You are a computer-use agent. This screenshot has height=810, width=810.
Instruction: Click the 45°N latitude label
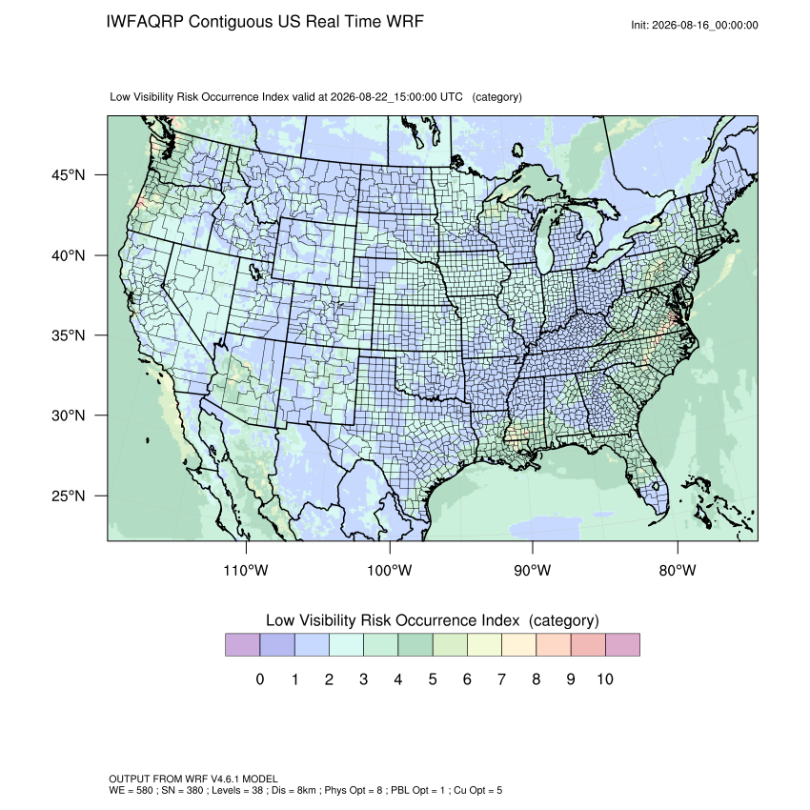click(x=68, y=175)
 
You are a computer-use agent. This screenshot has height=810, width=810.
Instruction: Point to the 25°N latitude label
click(x=68, y=496)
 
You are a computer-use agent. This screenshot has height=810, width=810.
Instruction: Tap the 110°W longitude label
click(x=246, y=570)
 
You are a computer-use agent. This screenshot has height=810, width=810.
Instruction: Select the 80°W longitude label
click(x=678, y=570)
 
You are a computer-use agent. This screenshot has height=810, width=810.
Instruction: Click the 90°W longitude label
click(x=532, y=570)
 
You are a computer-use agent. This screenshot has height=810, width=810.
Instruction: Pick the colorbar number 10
click(x=605, y=678)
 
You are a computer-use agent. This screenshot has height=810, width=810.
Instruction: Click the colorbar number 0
click(x=260, y=678)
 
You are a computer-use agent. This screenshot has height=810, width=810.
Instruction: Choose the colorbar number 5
click(x=433, y=678)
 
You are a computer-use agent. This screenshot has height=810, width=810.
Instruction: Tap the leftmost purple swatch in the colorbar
click(x=242, y=645)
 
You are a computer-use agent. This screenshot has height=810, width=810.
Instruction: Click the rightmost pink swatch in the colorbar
click(x=622, y=645)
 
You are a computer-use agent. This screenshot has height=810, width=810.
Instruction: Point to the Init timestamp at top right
click(x=695, y=25)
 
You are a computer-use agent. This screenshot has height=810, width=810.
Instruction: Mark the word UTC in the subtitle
click(x=451, y=97)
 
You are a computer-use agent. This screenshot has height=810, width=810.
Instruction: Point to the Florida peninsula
click(x=648, y=476)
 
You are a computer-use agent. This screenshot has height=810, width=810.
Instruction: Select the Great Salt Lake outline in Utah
click(x=254, y=271)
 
